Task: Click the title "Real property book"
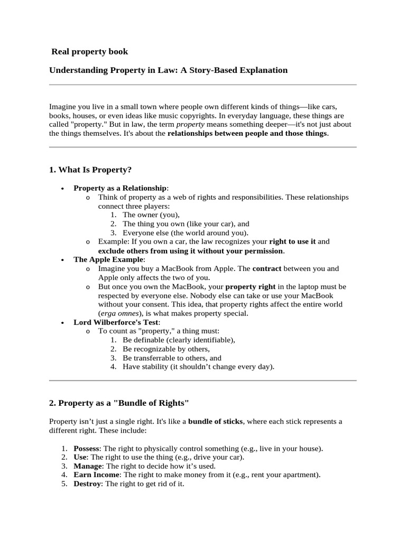pos(89,52)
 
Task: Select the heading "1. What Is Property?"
pos(90,170)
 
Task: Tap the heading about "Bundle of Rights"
pos(119,403)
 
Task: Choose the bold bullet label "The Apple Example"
pos(108,259)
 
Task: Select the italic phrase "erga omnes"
pos(119,313)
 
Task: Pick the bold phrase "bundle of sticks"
pos(215,422)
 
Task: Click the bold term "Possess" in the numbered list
pos(86,449)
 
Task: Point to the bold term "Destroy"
pos(87,484)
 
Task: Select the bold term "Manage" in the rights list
pos(88,466)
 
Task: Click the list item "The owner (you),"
pos(151,215)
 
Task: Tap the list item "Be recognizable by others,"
pos(166,349)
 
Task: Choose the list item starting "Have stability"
pos(198,367)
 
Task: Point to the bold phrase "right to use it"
pos(292,241)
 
